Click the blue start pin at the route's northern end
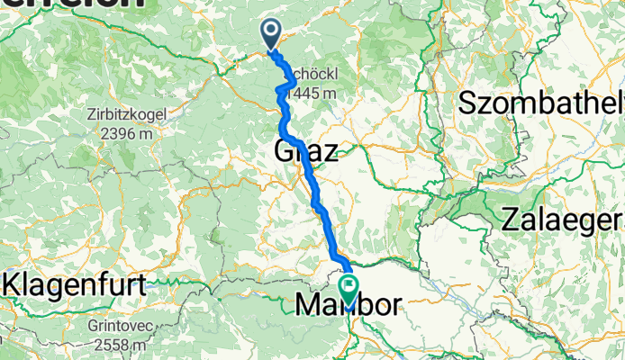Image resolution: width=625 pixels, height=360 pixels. pyautogui.click(x=271, y=32)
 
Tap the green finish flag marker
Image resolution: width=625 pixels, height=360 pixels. pyautogui.click(x=347, y=283)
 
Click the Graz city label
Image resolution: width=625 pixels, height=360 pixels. pyautogui.click(x=304, y=151)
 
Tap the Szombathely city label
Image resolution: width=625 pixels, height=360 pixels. pyautogui.click(x=540, y=103)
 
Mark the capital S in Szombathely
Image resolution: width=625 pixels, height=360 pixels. pyautogui.click(x=467, y=103)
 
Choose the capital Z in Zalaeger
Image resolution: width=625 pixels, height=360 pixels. pyautogui.click(x=512, y=219)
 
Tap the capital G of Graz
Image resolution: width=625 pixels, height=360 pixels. pyautogui.click(x=284, y=151)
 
